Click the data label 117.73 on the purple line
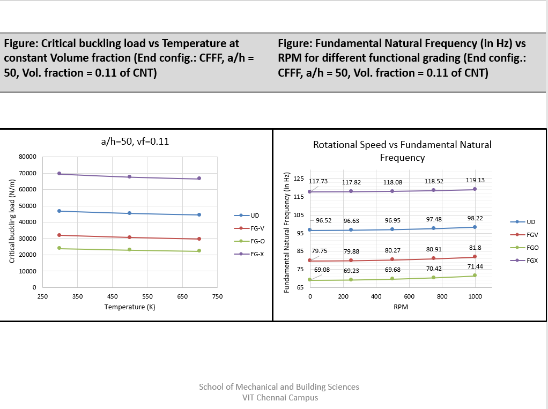[x=318, y=181]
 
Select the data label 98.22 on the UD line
[x=475, y=218]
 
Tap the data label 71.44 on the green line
[x=475, y=266]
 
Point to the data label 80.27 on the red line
[x=393, y=250]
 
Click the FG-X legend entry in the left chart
[x=257, y=254]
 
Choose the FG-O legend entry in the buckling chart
[x=257, y=241]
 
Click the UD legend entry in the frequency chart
[x=530, y=222]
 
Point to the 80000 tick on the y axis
[x=27, y=157]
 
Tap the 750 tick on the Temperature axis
[x=217, y=296]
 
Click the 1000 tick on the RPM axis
[x=475, y=296]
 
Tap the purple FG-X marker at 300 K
[x=60, y=174]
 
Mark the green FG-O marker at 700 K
[x=199, y=251]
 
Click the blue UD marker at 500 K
[x=129, y=213]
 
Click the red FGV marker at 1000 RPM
[x=475, y=257]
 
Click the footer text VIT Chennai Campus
[x=280, y=398]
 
